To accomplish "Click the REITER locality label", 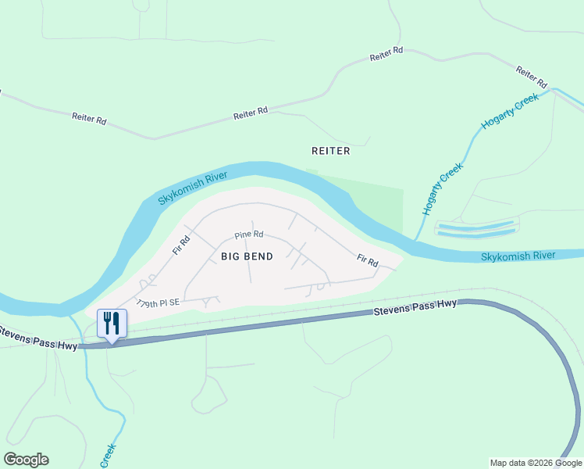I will [x=330, y=151].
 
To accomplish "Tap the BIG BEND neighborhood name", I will [x=246, y=256].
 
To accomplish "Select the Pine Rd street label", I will [x=249, y=234].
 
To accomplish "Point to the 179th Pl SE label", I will [x=158, y=303].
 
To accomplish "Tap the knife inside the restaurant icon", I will [x=116, y=321].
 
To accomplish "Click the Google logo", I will [x=26, y=460].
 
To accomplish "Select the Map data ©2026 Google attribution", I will [x=535, y=463].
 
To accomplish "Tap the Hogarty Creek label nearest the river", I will [x=443, y=189].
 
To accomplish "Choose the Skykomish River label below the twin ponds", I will [x=518, y=256].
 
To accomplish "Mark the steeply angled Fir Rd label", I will [x=181, y=246].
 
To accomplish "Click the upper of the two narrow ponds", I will [x=475, y=226].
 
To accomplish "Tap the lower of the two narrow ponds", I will [x=475, y=234].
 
